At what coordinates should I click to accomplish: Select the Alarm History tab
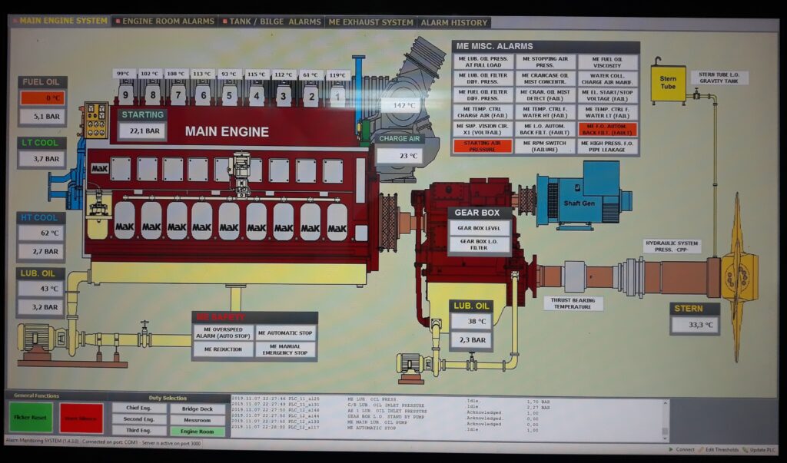coord(453,22)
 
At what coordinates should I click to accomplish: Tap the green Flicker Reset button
coord(31,418)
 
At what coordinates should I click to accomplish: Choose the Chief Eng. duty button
coord(139,408)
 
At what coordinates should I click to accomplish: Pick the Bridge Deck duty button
coord(198,408)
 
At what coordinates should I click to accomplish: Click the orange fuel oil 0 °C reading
coord(42,98)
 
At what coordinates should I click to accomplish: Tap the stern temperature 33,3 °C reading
coord(695,326)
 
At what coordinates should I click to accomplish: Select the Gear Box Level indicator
coord(479,228)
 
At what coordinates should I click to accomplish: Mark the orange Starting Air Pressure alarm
coord(483,146)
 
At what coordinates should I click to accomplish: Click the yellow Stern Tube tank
coord(668,83)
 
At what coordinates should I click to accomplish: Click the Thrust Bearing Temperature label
coord(573,303)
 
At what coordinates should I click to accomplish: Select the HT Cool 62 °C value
coord(42,233)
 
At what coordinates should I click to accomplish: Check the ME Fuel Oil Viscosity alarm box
coord(608,62)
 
